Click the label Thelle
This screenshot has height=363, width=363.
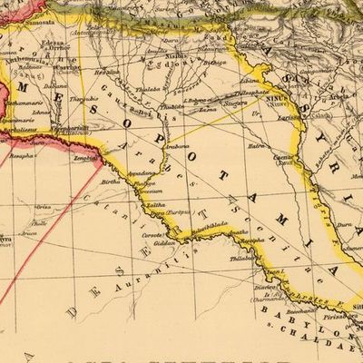tap(37, 221)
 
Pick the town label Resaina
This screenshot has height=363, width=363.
tap(110, 70)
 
